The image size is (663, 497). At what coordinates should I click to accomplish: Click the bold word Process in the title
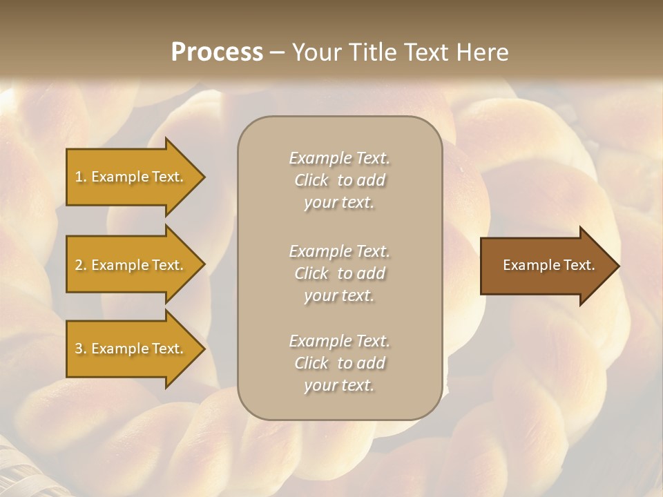[x=217, y=52]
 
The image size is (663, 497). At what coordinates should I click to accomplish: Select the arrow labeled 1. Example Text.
[x=131, y=177]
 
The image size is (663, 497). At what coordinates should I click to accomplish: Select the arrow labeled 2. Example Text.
[x=131, y=265]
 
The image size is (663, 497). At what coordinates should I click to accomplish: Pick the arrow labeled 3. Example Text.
[x=131, y=349]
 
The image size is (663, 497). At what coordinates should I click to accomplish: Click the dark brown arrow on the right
[x=546, y=266]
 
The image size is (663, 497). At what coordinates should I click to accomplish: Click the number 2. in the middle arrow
[x=81, y=265]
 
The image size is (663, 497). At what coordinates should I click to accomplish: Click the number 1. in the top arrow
[x=81, y=177]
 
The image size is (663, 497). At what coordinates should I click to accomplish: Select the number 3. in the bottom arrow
[x=81, y=349]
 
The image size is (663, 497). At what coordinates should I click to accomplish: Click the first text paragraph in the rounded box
[x=339, y=180]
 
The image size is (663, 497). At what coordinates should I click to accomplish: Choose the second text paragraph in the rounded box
[x=339, y=273]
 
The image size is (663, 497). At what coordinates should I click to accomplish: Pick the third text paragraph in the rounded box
[x=339, y=363]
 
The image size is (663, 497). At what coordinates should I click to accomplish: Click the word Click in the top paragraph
[x=311, y=180]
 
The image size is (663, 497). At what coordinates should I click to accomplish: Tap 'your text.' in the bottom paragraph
[x=339, y=385]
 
